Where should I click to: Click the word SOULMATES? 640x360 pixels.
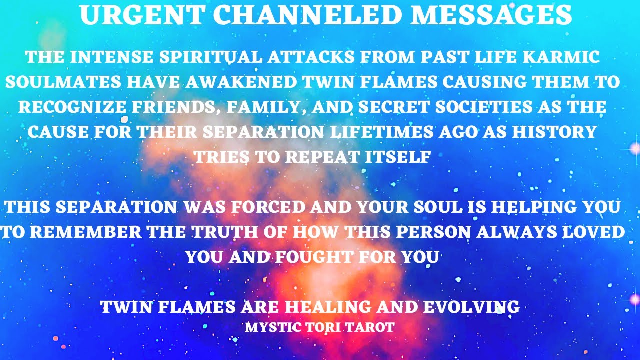[62, 82]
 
